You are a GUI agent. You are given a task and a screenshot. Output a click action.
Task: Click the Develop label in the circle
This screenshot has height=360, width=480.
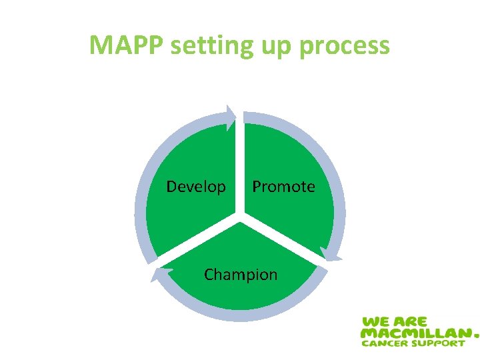196,187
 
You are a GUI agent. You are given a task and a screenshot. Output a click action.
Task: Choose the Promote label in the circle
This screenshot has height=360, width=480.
283,187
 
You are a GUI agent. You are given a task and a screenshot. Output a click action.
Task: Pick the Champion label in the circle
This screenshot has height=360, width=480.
241,275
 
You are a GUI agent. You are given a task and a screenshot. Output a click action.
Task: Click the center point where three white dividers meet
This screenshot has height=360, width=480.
240,217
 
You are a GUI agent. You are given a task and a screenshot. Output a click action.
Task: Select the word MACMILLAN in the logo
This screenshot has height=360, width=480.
413,332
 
